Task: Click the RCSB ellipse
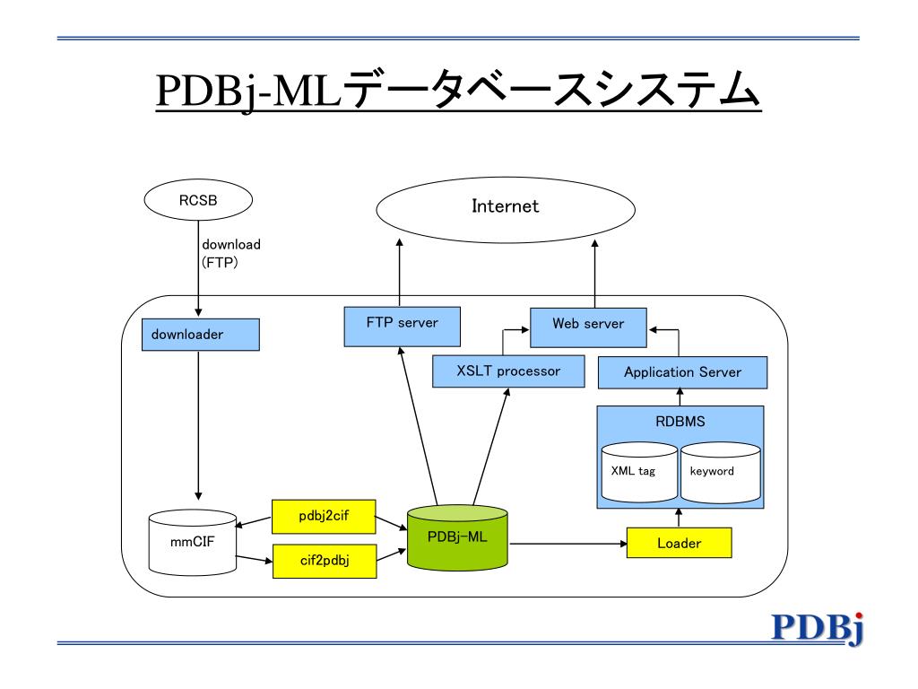click(x=198, y=201)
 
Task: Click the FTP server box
click(x=402, y=325)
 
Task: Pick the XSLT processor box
click(x=508, y=371)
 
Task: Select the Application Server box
click(x=682, y=371)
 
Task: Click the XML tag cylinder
click(x=639, y=472)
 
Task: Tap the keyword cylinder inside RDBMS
click(x=720, y=472)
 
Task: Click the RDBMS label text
click(x=680, y=422)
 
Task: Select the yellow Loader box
click(x=679, y=543)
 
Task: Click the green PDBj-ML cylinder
click(x=456, y=538)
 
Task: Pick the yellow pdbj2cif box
click(x=324, y=516)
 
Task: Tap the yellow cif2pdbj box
click(x=324, y=561)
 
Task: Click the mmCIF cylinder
click(x=192, y=544)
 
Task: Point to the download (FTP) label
click(x=230, y=254)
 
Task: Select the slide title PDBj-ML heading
click(x=458, y=92)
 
